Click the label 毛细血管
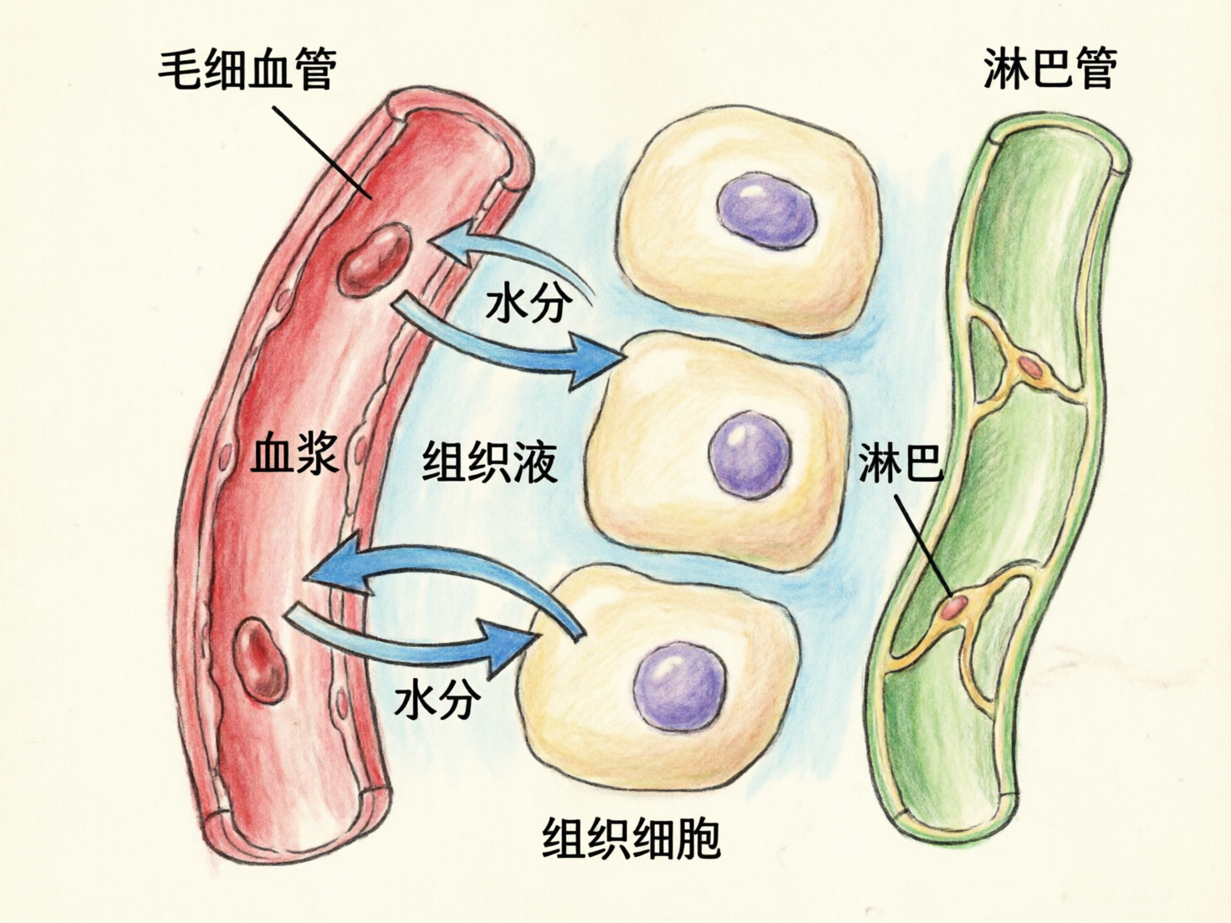[x=248, y=69]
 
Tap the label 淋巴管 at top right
[x=1050, y=68]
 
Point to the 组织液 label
[x=489, y=461]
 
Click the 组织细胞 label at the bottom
[x=631, y=838]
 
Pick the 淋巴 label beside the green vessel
[x=900, y=462]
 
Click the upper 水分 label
[x=529, y=303]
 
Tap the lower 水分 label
[x=437, y=698]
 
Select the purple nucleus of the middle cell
[x=749, y=456]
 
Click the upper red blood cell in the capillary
[x=375, y=259]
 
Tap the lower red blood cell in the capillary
[x=261, y=657]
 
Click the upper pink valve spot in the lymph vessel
[x=1030, y=368]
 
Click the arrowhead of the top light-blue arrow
[x=452, y=245]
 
